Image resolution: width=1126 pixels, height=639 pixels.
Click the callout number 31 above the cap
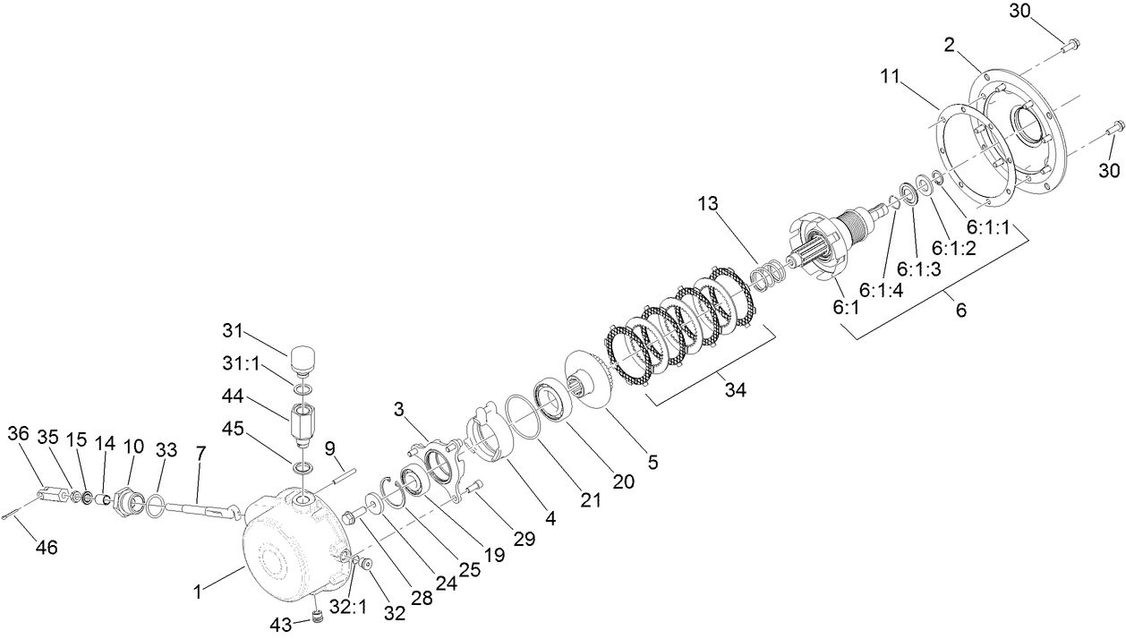click(x=234, y=331)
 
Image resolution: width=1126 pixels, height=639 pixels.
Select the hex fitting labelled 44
click(x=303, y=426)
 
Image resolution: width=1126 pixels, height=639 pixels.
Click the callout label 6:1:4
click(x=880, y=289)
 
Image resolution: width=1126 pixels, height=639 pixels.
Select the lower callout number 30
click(x=1108, y=170)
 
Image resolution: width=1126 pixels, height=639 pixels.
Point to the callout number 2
click(x=950, y=45)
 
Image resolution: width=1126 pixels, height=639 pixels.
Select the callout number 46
click(x=46, y=547)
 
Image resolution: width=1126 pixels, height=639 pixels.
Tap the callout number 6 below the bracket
click(x=960, y=311)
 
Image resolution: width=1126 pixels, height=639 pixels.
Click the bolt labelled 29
click(x=472, y=490)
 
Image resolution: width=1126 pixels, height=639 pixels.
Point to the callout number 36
click(x=19, y=433)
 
